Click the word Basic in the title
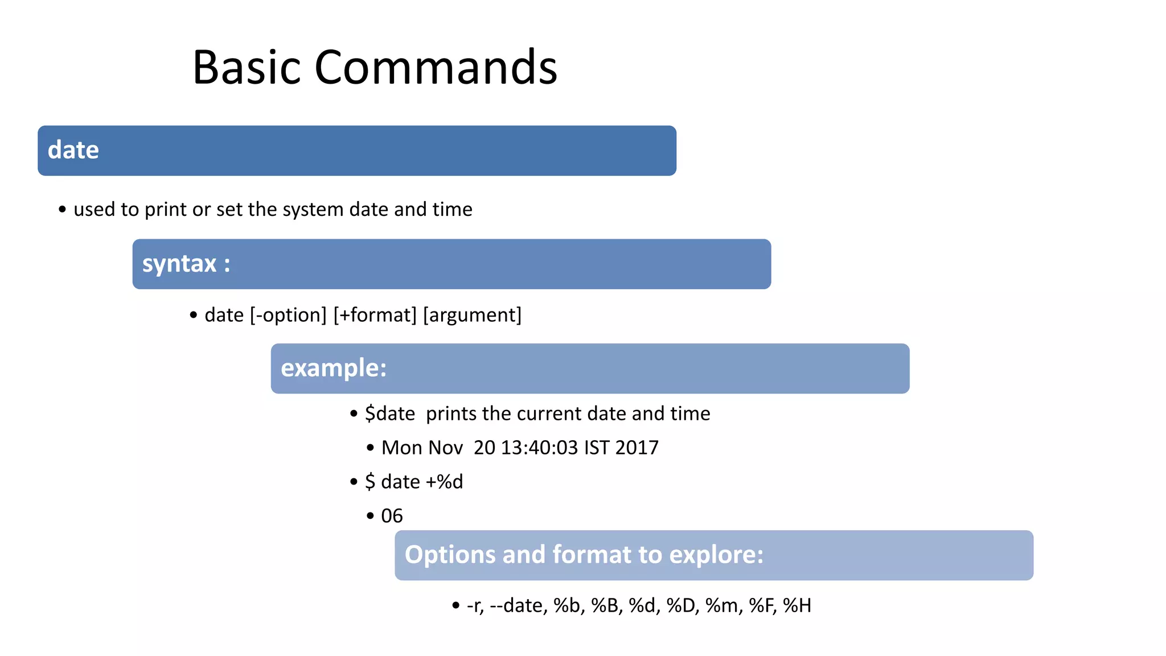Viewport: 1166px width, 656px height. [x=246, y=67]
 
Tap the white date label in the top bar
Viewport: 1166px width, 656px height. [x=73, y=150]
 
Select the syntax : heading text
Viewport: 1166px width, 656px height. [x=186, y=264]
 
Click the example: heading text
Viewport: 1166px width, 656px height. [x=334, y=368]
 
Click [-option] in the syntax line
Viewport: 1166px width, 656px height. [x=288, y=315]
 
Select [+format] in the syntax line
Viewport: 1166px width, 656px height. [x=375, y=315]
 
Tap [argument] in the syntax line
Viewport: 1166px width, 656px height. [x=472, y=315]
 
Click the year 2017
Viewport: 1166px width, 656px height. [x=637, y=448]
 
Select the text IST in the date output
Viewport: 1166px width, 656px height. [x=597, y=448]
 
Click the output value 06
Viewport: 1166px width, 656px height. [x=392, y=516]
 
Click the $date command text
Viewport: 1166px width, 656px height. [x=390, y=413]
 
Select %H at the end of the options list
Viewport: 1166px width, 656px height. [x=797, y=605]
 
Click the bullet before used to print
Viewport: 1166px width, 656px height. [x=62, y=210]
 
